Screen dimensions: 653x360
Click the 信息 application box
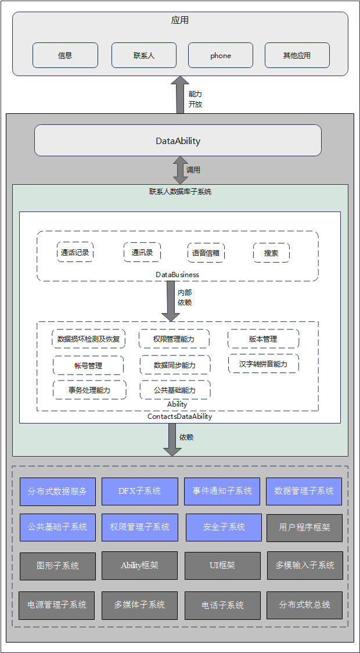point(65,55)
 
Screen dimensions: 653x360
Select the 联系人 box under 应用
point(143,55)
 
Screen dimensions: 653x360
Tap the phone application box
point(221,55)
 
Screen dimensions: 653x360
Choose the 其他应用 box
point(297,55)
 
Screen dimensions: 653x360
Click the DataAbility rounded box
point(178,141)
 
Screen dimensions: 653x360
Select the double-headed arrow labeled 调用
point(180,170)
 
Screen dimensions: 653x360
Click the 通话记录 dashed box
point(75,253)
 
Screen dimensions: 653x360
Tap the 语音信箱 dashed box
point(206,253)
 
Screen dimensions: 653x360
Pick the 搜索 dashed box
point(271,253)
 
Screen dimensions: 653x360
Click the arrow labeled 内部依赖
point(171,300)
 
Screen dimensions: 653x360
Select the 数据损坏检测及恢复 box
point(89,339)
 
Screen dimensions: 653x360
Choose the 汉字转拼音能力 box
point(264,364)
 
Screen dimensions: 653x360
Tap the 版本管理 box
point(263,339)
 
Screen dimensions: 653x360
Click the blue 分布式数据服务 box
point(57,491)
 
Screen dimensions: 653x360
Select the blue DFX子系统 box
point(139,491)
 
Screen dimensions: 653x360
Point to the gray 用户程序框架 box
point(304,528)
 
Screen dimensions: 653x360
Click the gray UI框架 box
point(222,565)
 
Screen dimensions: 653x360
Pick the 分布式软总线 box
point(304,605)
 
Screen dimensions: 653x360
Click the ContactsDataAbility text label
point(179,417)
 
